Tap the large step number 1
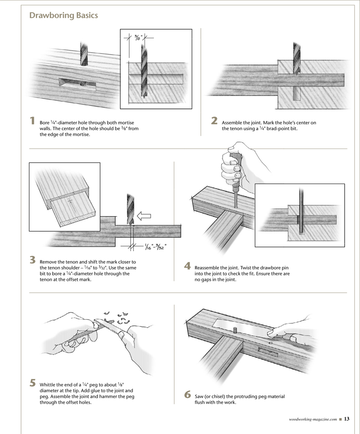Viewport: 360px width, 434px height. pyautogui.click(x=32, y=121)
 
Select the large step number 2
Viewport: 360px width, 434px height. pyautogui.click(x=214, y=121)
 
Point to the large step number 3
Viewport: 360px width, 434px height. pyautogui.click(x=32, y=260)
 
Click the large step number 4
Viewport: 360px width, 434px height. pyautogui.click(x=188, y=266)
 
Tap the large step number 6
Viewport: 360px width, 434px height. pyautogui.click(x=188, y=395)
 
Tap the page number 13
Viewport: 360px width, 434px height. pyautogui.click(x=347, y=420)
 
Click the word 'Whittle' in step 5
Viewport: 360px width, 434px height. pyautogui.click(x=49, y=385)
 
